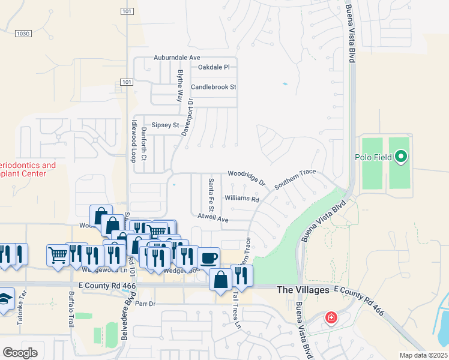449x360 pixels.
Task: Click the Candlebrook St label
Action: pyautogui.click(x=213, y=87)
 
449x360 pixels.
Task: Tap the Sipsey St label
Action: pyautogui.click(x=165, y=125)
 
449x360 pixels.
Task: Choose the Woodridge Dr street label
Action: pyautogui.click(x=246, y=176)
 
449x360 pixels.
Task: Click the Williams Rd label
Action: pyautogui.click(x=241, y=198)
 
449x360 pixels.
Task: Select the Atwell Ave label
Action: pyautogui.click(x=213, y=220)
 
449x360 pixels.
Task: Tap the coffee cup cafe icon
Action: pyautogui.click(x=208, y=259)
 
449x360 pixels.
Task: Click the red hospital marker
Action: pyautogui.click(x=331, y=317)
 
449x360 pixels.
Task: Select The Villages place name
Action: pyautogui.click(x=303, y=290)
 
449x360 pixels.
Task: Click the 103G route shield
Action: pyautogui.click(x=23, y=34)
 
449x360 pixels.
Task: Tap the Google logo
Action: pyautogui.click(x=20, y=353)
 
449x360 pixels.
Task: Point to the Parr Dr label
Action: pyautogui.click(x=145, y=304)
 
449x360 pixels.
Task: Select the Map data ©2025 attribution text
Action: pyautogui.click(x=424, y=355)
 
